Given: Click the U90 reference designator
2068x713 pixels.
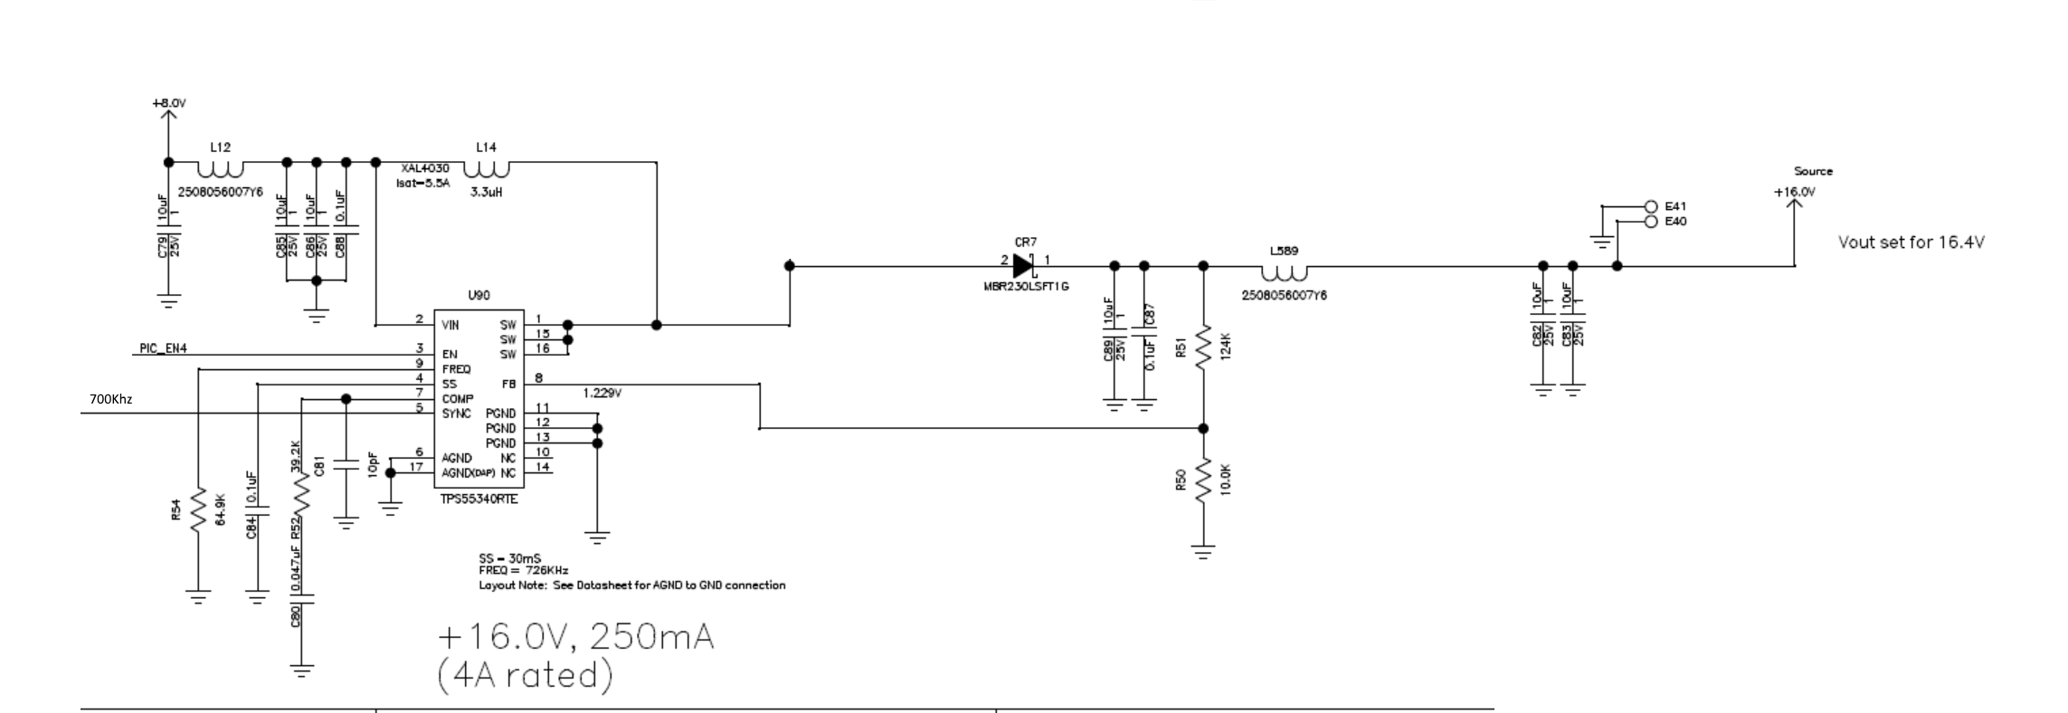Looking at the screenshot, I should point(479,296).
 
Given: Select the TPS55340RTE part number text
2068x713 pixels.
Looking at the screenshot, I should point(479,499).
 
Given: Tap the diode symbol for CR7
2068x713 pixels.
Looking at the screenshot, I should point(1023,266).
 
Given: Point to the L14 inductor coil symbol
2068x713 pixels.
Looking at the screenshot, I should point(487,169).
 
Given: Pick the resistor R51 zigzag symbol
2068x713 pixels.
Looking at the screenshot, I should point(1203,347).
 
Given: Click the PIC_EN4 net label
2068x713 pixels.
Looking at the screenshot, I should point(164,348).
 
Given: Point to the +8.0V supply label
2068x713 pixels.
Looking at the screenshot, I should point(169,104).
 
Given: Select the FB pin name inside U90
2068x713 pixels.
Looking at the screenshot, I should point(508,384).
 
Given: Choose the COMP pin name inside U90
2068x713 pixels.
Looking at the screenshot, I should point(459,399).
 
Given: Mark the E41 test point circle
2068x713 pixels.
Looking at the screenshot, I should point(1650,206).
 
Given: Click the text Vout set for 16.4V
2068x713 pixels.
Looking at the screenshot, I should point(1911,242).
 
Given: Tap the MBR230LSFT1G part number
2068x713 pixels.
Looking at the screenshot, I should point(1027,287).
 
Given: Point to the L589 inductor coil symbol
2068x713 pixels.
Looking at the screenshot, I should point(1285,272).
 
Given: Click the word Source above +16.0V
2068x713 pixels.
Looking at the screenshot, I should point(1813,171).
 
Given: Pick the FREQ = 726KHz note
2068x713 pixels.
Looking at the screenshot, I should point(524,570).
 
